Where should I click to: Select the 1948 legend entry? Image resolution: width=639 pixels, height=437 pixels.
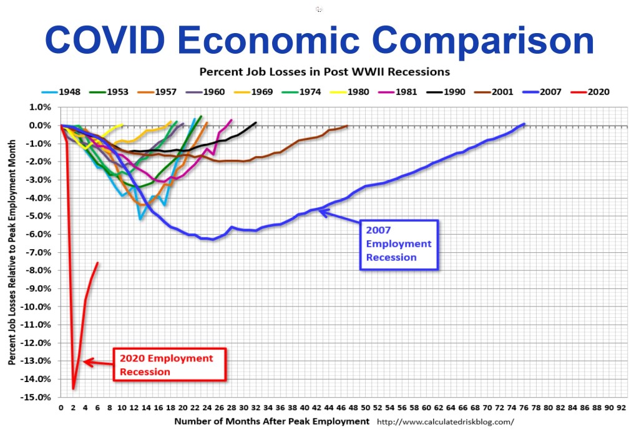[67, 92]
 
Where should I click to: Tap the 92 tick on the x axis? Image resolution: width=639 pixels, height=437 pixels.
[622, 407]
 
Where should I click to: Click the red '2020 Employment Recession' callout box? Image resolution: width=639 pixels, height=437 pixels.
[167, 365]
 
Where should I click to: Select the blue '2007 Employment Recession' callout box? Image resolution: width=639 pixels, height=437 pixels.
[399, 244]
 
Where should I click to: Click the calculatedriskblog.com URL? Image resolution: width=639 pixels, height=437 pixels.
[447, 421]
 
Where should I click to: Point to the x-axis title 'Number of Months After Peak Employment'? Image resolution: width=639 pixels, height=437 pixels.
[271, 421]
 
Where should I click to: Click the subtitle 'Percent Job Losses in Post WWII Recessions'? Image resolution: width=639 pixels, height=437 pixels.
[324, 71]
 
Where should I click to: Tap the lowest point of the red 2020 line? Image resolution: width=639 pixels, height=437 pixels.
[73, 388]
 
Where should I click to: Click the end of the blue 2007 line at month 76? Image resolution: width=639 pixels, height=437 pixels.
[525, 124]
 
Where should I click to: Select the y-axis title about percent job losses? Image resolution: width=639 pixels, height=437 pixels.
[12, 252]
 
